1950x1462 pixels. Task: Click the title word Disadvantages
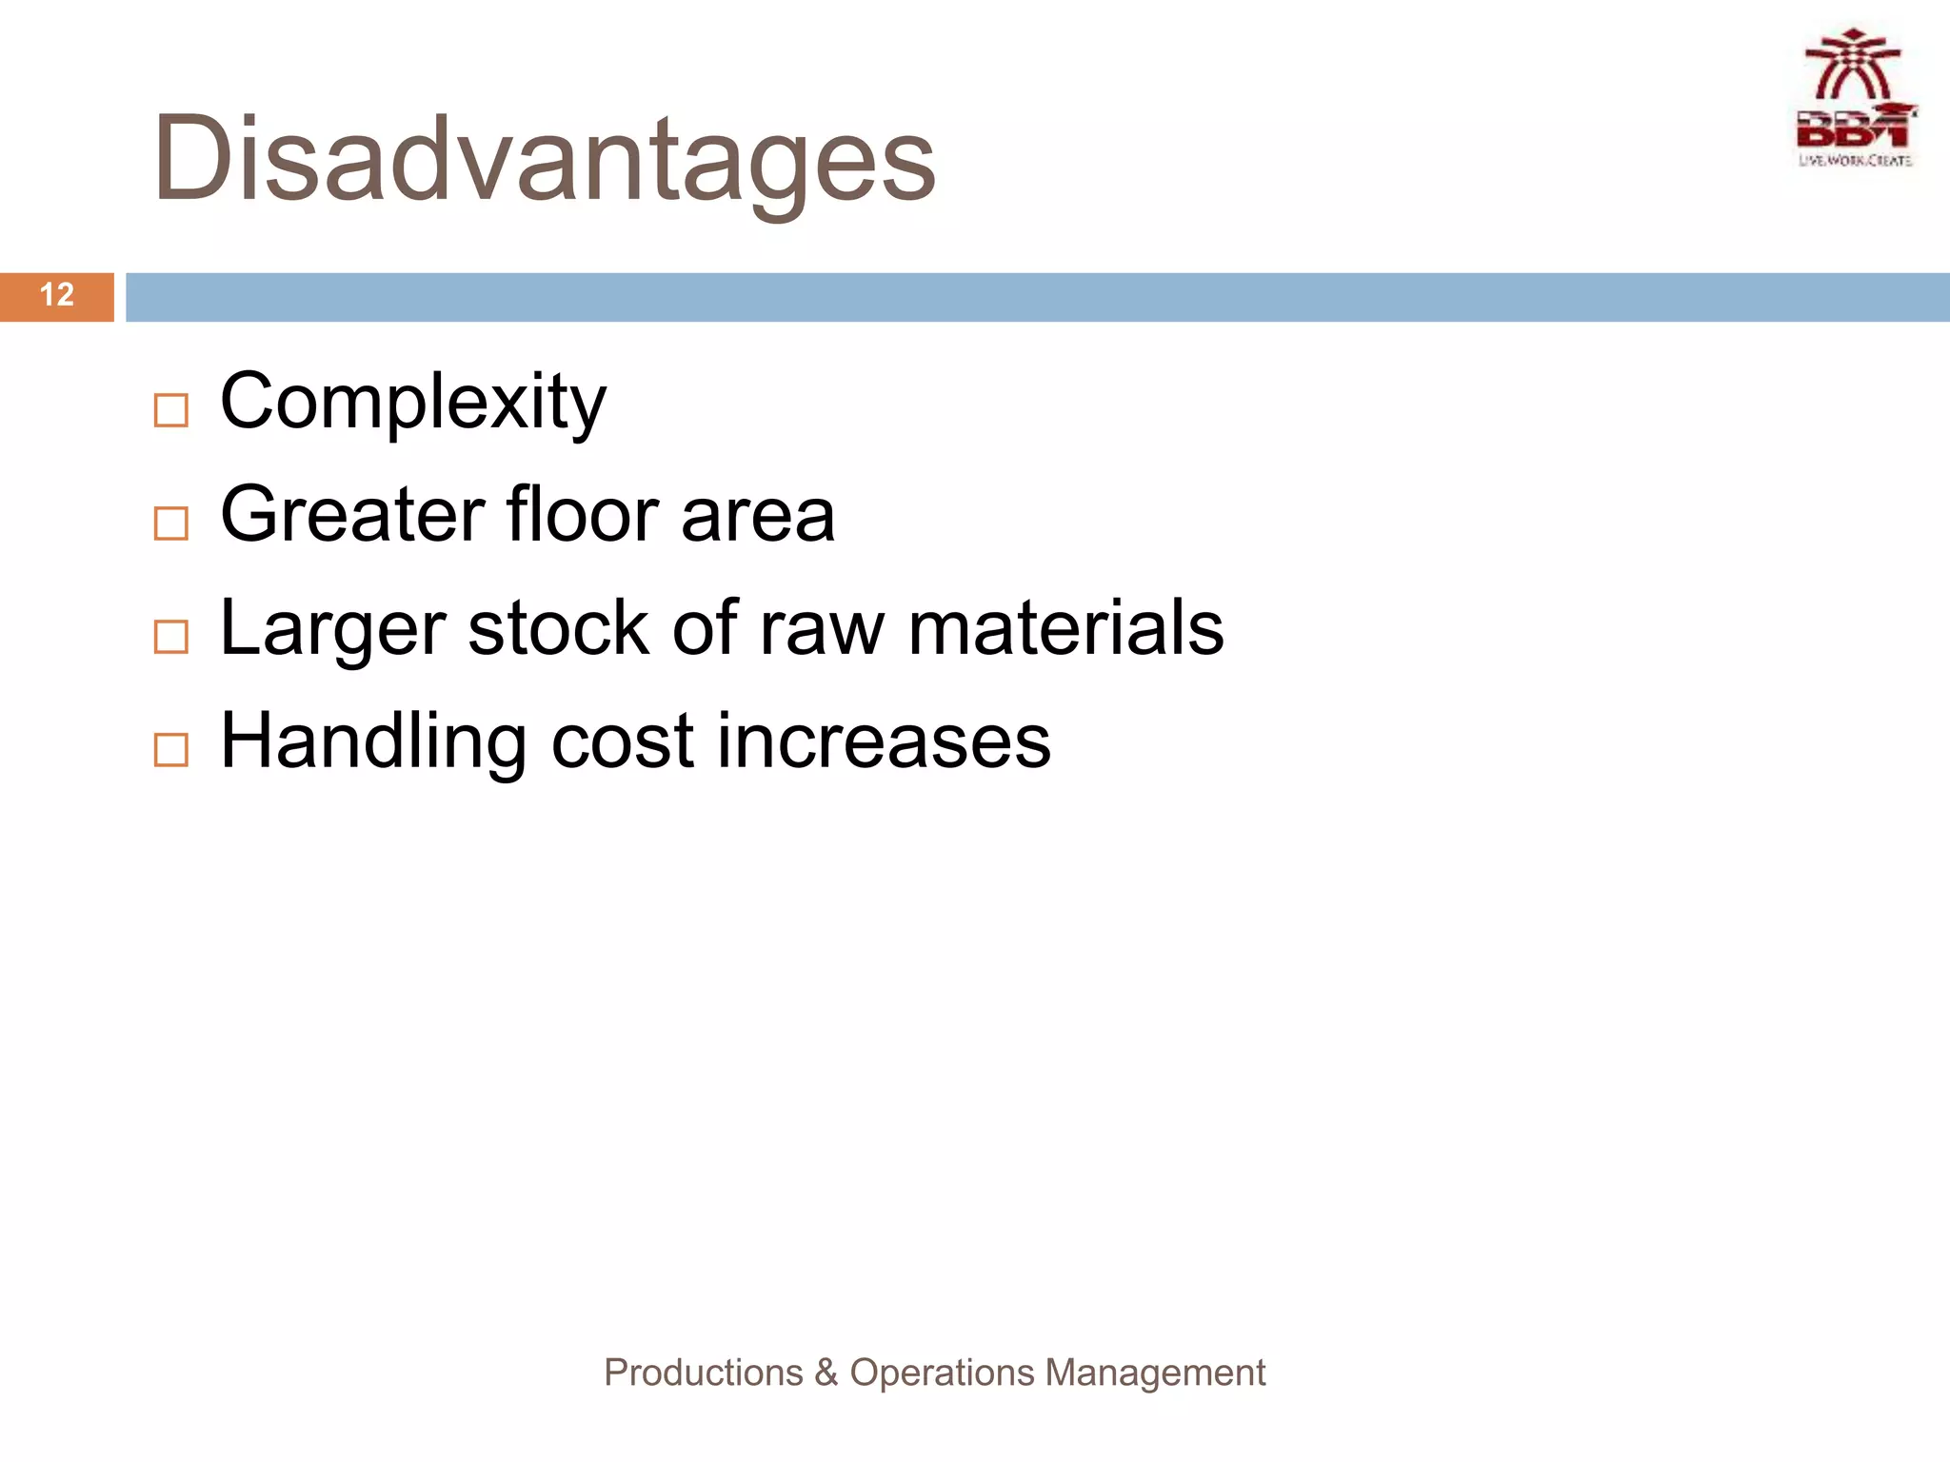[545, 160]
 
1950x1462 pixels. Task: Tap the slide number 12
[57, 295]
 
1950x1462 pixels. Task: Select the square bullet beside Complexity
[171, 411]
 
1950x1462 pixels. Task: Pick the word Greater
[352, 516]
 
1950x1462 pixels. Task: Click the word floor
[582, 516]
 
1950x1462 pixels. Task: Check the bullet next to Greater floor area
[171, 524]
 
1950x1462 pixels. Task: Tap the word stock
[559, 628]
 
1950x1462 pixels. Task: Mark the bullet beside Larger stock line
[171, 637]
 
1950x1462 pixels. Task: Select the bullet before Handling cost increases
[171, 750]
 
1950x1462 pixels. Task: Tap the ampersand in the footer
[826, 1373]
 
